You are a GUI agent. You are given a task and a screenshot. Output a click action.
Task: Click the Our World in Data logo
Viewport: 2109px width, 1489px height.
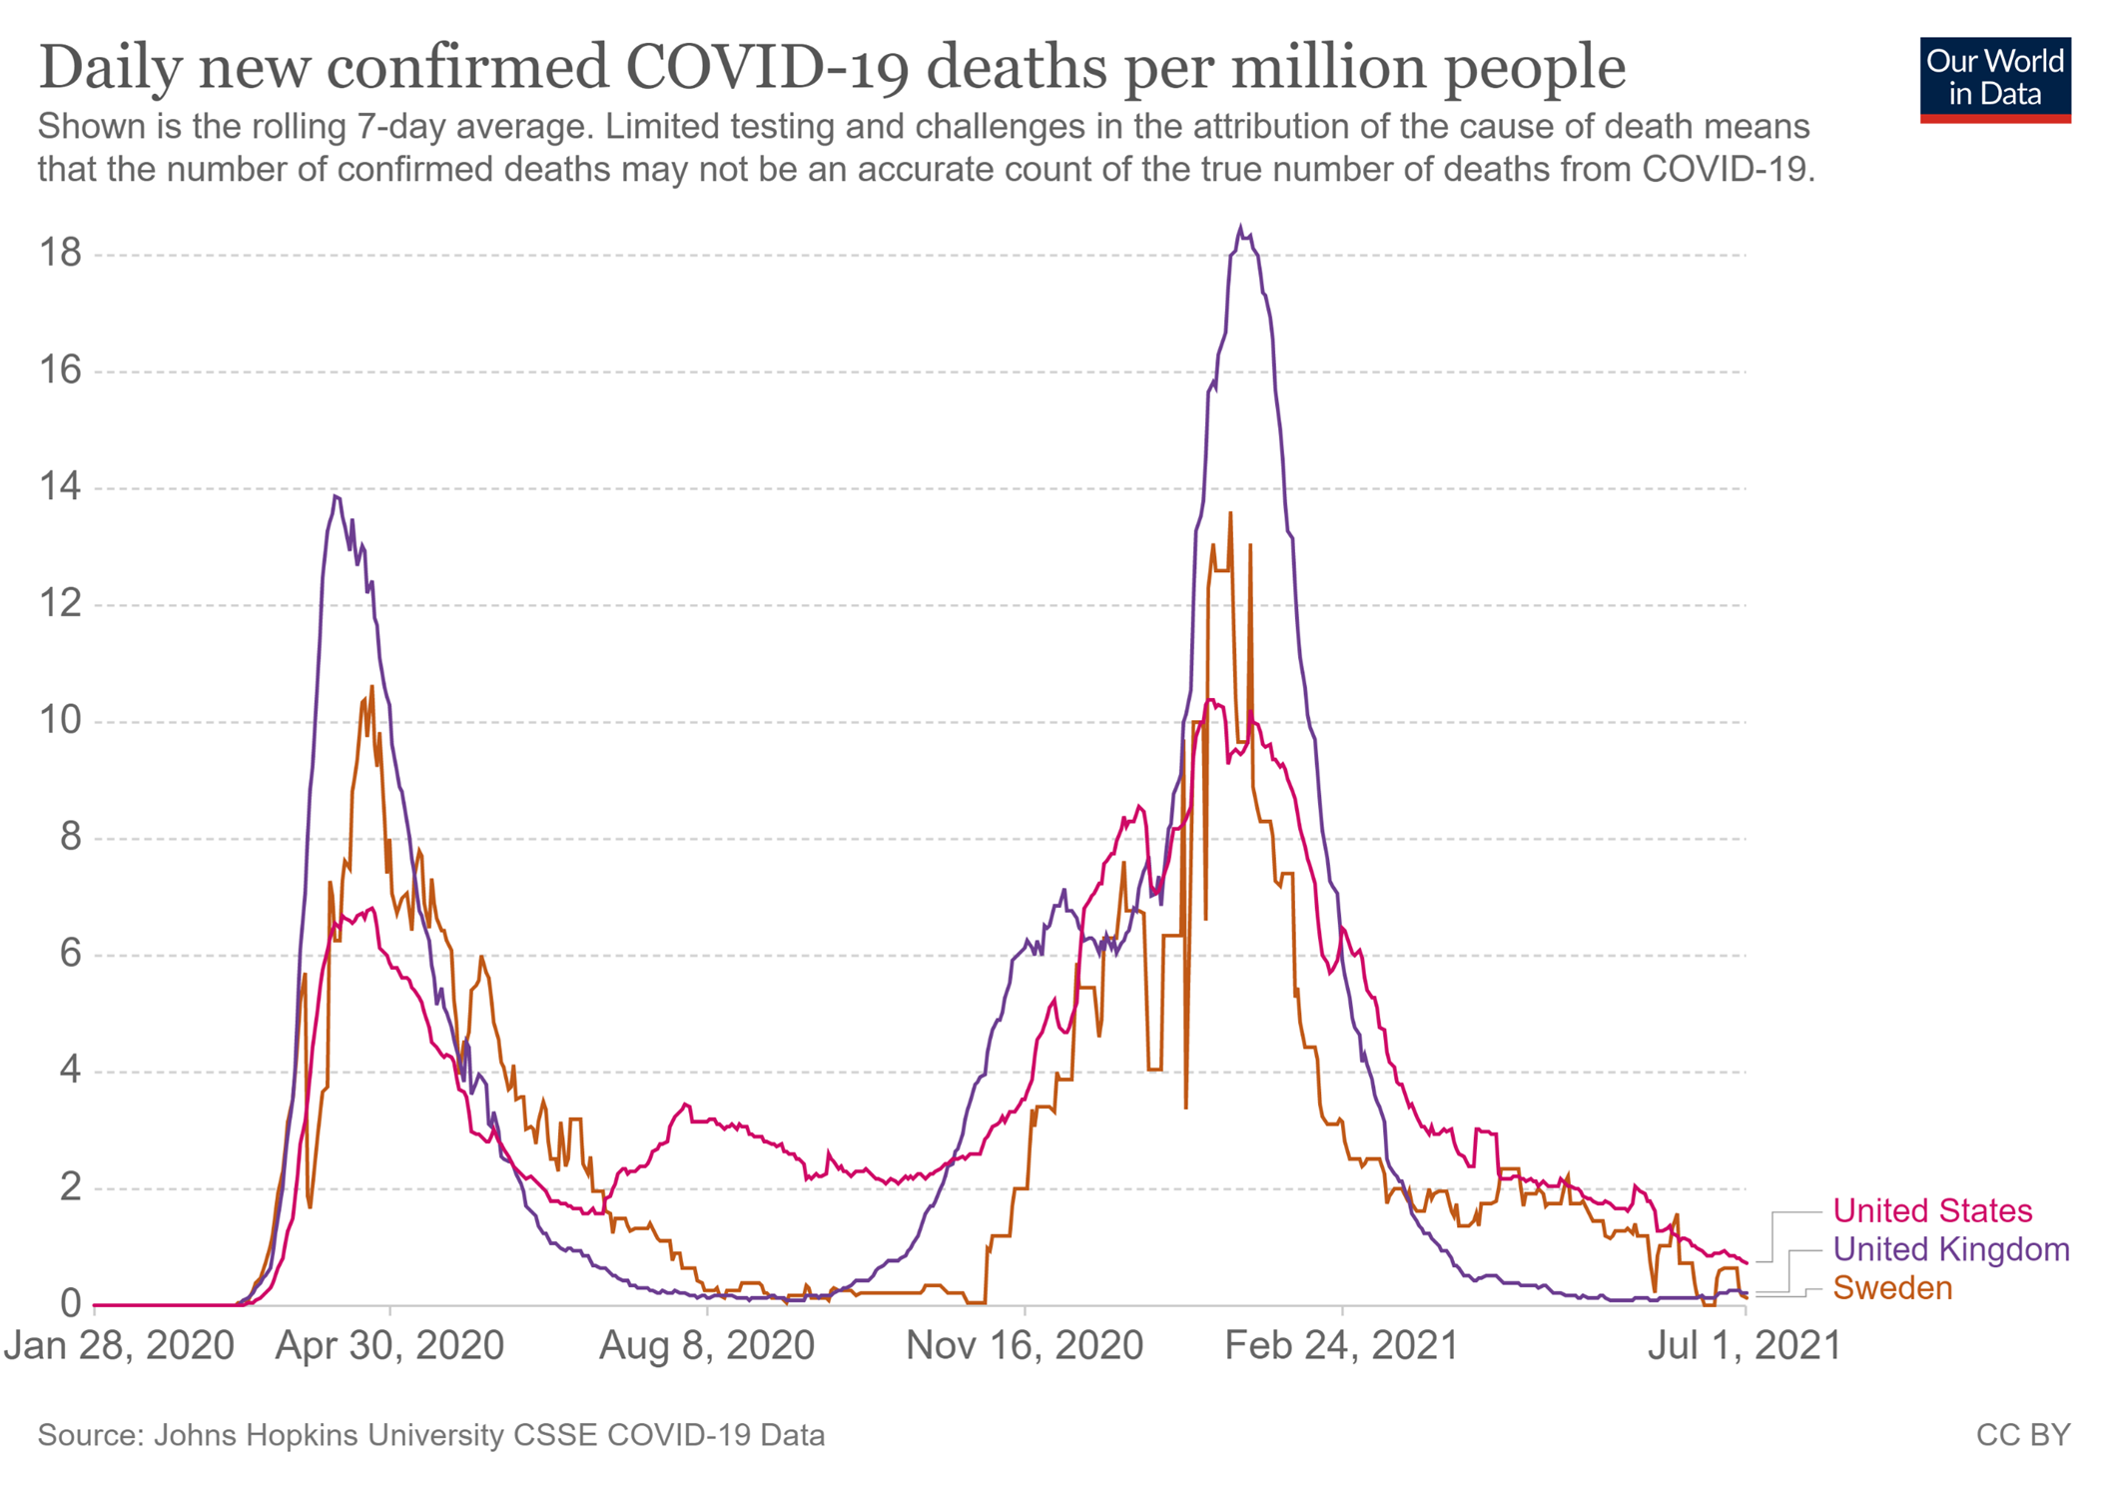1994,79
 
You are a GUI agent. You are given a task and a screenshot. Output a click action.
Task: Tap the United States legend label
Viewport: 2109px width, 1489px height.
1931,1210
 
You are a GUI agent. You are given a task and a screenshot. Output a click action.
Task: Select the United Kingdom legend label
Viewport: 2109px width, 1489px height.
1950,1249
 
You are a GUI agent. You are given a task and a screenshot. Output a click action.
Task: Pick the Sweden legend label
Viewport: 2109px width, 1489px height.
1892,1288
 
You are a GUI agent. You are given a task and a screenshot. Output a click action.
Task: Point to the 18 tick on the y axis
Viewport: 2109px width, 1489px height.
60,254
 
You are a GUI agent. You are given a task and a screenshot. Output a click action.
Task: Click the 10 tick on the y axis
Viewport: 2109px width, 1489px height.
60,720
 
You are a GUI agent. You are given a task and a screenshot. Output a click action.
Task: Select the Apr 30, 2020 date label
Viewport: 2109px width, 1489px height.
389,1346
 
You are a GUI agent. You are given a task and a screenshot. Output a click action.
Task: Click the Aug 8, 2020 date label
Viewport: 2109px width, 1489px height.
706,1346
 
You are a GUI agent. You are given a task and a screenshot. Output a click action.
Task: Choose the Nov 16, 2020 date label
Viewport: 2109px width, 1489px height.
1024,1346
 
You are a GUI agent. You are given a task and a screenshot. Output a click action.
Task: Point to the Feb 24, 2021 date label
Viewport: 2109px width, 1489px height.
1341,1346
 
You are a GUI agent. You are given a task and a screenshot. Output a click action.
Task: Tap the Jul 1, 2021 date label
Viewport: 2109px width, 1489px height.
1744,1346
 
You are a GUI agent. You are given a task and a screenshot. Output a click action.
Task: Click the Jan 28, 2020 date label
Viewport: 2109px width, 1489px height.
119,1346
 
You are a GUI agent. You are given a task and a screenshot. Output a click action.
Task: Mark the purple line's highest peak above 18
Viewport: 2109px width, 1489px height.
1241,229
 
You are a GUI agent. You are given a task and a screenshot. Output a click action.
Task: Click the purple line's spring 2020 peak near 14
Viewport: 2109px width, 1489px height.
335,496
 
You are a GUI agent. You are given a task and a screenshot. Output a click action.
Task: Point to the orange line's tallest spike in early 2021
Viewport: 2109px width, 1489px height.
1230,513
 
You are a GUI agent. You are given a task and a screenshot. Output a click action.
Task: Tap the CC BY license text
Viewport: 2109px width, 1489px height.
2022,1435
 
